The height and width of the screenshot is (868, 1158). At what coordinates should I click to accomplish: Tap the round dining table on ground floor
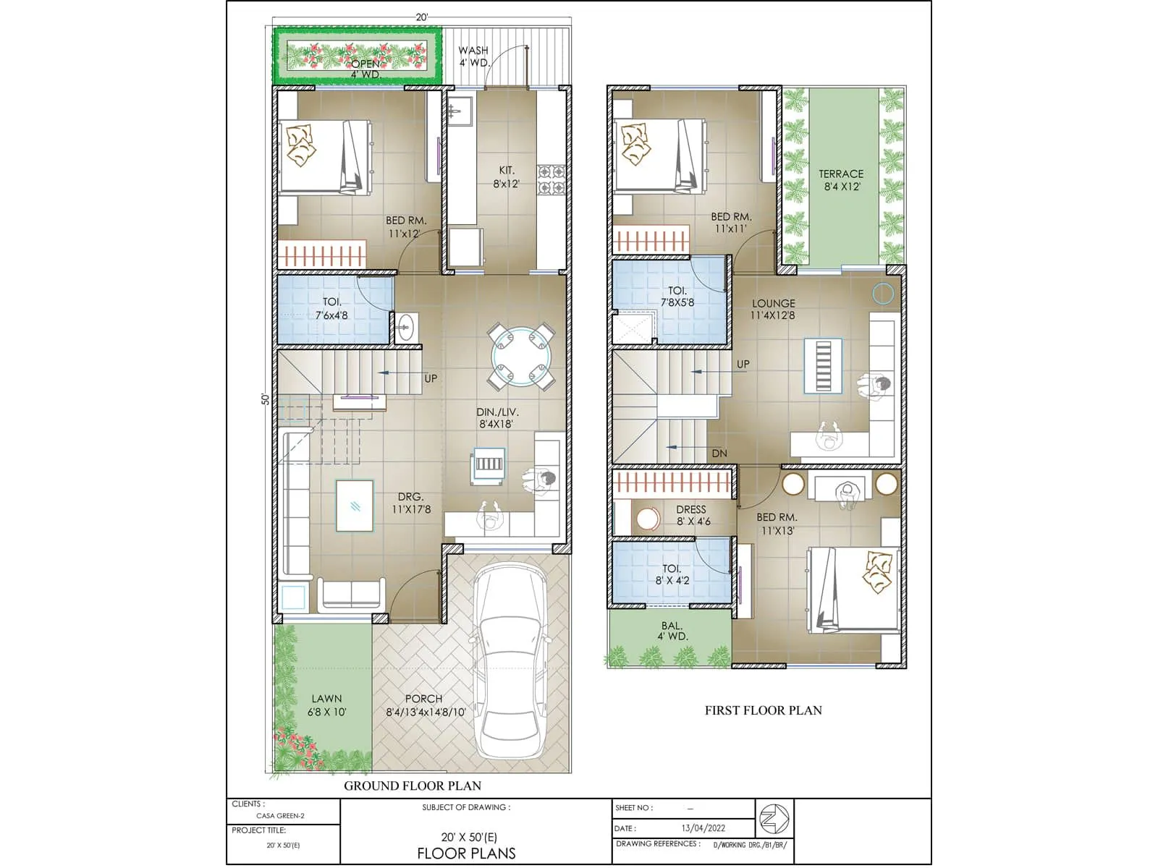click(521, 356)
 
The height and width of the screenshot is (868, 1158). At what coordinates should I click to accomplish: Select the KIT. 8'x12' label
click(507, 177)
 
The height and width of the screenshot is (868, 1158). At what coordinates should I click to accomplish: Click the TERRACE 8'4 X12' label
click(841, 180)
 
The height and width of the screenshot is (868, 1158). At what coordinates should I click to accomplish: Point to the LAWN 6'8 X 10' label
click(326, 705)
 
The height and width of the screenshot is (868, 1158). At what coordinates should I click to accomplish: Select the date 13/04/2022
click(703, 828)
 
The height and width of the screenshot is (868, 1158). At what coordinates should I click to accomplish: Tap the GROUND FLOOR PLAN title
click(412, 786)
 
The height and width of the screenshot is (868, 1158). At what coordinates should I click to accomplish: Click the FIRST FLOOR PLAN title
click(763, 710)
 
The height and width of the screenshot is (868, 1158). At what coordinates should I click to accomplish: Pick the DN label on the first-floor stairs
click(719, 454)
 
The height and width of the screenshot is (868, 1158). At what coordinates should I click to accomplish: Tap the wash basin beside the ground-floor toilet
click(405, 326)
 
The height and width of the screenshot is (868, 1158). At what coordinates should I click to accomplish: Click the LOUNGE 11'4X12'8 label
click(773, 310)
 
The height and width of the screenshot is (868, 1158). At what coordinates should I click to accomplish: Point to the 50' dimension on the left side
click(266, 399)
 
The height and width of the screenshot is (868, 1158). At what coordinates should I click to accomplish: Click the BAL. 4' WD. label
click(672, 631)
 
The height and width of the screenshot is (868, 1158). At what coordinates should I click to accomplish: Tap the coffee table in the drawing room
click(355, 506)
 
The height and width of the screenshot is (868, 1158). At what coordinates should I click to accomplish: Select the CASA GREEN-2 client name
click(280, 816)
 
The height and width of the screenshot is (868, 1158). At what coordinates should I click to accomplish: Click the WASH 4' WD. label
click(473, 56)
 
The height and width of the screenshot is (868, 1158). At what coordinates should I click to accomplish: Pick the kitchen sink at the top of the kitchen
click(460, 110)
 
